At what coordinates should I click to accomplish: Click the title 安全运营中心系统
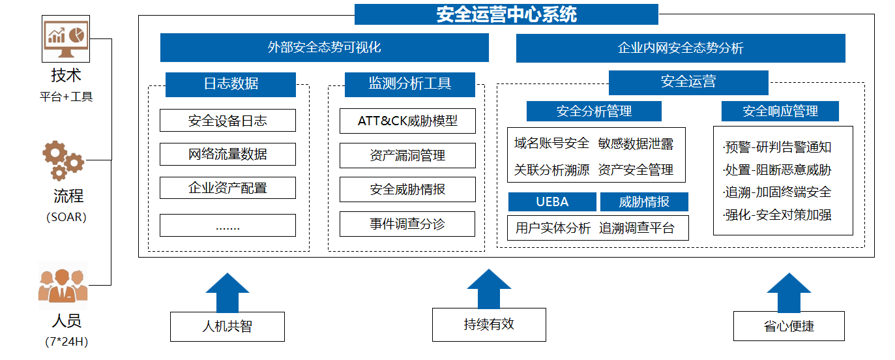(506, 14)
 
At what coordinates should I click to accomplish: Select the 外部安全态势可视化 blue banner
(324, 48)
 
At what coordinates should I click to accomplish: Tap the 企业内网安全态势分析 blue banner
(680, 48)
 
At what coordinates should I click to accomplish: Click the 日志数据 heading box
(230, 83)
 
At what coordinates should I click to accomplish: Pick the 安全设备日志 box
(227, 121)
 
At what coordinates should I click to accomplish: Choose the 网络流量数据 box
(227, 155)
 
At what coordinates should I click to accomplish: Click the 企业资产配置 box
(227, 188)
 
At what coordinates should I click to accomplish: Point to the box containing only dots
(227, 226)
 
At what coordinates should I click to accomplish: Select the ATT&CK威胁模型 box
(407, 121)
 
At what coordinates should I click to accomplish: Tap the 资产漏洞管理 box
(407, 155)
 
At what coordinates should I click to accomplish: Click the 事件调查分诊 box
(407, 224)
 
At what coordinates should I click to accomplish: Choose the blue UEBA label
(552, 202)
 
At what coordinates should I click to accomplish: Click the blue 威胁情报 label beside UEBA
(644, 202)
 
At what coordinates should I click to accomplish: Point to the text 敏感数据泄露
(636, 143)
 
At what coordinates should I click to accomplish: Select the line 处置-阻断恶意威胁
(778, 170)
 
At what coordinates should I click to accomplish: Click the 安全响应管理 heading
(780, 112)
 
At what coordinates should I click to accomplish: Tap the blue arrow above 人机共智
(227, 292)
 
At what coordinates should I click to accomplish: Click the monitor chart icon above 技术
(66, 39)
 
